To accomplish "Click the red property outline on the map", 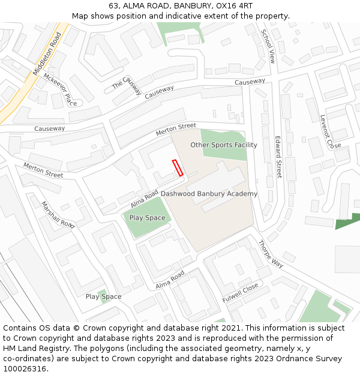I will click(178, 167).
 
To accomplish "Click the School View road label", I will click(267, 47).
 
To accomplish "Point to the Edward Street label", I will click(278, 157).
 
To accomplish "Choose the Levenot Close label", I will click(330, 132).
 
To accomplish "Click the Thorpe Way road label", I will click(271, 254).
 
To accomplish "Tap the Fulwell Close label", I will click(240, 292).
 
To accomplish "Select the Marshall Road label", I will click(58, 214).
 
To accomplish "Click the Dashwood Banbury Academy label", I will click(209, 194).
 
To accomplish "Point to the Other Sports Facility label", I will click(224, 145).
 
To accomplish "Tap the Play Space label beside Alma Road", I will click(147, 218).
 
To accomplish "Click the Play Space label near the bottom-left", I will click(103, 296).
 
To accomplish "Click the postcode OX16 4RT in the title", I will click(233, 6).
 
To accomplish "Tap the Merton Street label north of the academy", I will click(176, 129).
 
